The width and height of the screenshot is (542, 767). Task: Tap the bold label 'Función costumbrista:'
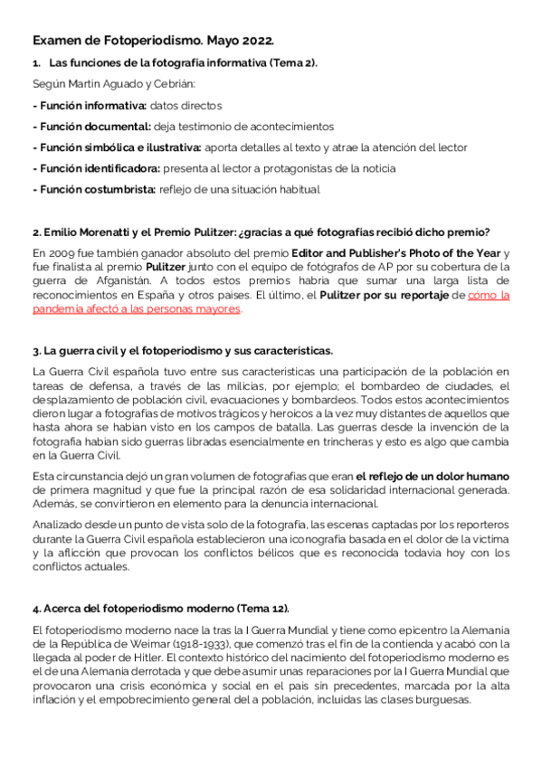pos(94,189)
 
